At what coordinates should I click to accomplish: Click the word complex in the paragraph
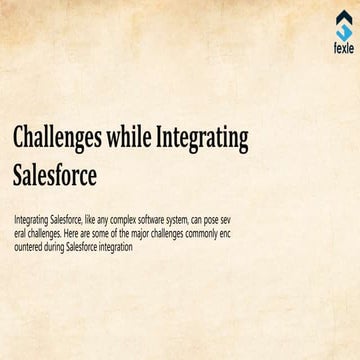pos(124,217)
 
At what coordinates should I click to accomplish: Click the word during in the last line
pos(60,246)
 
